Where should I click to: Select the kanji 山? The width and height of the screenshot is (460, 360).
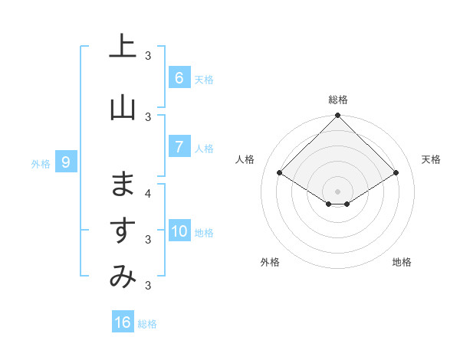click(x=123, y=108)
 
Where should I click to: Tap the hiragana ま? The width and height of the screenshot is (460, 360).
click(x=123, y=185)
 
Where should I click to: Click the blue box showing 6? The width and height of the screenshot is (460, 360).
click(x=179, y=78)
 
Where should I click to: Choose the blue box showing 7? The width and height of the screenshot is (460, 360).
click(x=179, y=147)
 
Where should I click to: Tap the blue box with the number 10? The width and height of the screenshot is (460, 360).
click(x=179, y=232)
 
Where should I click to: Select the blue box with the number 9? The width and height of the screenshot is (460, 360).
click(x=66, y=162)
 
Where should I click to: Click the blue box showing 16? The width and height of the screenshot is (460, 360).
click(x=123, y=322)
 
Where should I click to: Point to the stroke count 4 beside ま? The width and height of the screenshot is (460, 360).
click(x=148, y=193)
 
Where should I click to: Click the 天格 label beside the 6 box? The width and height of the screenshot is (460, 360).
click(x=204, y=79)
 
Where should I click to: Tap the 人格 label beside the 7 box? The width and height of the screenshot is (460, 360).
click(x=204, y=148)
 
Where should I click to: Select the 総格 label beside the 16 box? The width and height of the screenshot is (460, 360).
click(x=147, y=323)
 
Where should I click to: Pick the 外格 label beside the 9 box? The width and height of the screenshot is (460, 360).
click(x=40, y=163)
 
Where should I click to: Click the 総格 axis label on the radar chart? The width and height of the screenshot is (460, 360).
click(x=337, y=100)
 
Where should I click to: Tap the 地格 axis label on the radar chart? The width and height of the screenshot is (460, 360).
click(x=402, y=262)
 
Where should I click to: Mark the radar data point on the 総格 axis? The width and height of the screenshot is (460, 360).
click(x=337, y=116)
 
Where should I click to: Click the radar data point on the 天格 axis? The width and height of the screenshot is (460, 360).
click(x=396, y=173)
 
